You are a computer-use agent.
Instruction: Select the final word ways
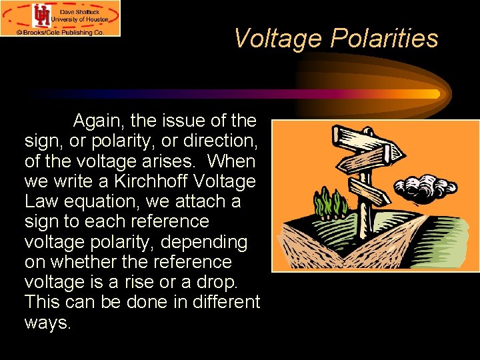click(x=46, y=323)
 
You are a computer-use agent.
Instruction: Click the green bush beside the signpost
click(x=331, y=203)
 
